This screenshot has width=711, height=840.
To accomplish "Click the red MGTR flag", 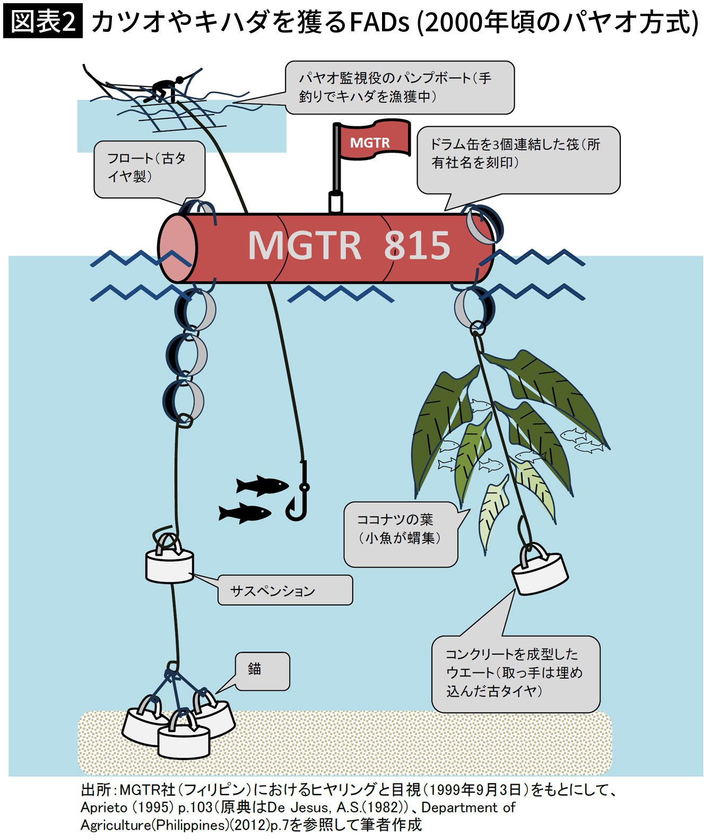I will [x=374, y=141].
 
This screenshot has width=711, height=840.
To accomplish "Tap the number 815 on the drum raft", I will [x=417, y=245].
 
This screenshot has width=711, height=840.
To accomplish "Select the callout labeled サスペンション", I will [x=285, y=590].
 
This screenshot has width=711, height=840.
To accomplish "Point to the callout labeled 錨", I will [x=262, y=671].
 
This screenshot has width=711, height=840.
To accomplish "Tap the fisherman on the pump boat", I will [x=165, y=90].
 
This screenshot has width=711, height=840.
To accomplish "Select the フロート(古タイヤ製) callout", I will [x=149, y=168].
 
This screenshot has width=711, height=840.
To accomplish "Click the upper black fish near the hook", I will [x=262, y=485].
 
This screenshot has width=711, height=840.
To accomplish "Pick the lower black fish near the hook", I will [x=245, y=513].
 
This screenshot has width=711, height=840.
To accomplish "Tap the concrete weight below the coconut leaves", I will [x=540, y=571].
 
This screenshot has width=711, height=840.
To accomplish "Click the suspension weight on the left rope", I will [x=169, y=564].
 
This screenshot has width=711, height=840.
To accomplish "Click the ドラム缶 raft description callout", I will [x=517, y=159].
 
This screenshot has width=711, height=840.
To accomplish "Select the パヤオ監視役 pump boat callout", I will [x=399, y=88].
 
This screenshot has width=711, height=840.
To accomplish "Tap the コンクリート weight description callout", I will [x=515, y=673].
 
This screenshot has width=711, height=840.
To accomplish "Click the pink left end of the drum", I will [x=177, y=248].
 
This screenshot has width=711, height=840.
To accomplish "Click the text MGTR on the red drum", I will [x=304, y=245].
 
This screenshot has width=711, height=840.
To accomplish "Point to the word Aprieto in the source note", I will [x=104, y=808].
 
